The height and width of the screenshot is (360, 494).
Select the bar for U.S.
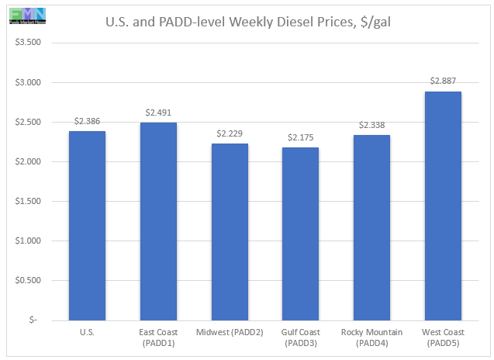[87, 225]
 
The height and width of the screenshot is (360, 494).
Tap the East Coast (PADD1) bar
[158, 221]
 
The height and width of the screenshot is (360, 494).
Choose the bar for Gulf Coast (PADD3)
[301, 234]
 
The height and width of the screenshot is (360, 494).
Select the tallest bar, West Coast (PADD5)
[444, 206]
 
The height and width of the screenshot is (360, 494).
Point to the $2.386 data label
[87, 122]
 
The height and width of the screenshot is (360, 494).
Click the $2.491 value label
[158, 113]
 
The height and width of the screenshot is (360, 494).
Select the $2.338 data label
[372, 126]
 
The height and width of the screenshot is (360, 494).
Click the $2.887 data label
[444, 81]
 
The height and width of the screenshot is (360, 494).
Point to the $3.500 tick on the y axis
[30, 43]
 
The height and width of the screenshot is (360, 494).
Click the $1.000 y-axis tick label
[30, 241]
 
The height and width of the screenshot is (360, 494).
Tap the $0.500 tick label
[30, 280]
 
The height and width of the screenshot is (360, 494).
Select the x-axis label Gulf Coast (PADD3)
[301, 338]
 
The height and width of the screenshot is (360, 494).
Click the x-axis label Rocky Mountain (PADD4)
[372, 338]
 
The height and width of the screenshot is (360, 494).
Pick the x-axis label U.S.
[87, 334]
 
